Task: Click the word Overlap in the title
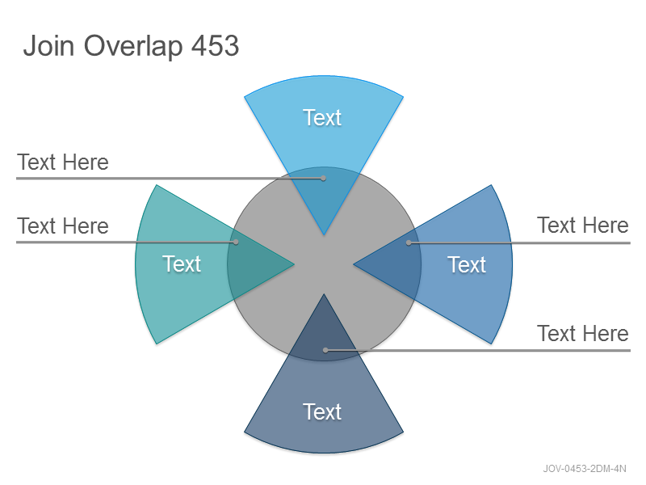coord(133,46)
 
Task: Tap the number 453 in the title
coord(215,45)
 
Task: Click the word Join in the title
coord(49,45)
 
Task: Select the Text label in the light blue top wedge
coord(322,117)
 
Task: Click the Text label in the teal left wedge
coord(182,264)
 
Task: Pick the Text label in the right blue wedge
coord(467,264)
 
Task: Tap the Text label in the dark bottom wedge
coord(322,411)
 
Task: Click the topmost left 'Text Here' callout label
coord(63,162)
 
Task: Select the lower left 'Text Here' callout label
coord(63,226)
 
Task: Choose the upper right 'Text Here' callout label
coord(583,226)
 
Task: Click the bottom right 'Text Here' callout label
coord(583,333)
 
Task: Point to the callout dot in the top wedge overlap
coord(324,178)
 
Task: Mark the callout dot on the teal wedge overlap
coord(236,242)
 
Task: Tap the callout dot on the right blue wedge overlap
coord(409,243)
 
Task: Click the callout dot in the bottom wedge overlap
coord(325,350)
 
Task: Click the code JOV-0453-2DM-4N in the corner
coord(585,469)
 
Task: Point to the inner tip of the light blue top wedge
coord(324,235)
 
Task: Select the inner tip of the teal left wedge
coord(294,264)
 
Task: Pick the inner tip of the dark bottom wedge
coord(324,294)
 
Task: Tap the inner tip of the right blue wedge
coord(354,264)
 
